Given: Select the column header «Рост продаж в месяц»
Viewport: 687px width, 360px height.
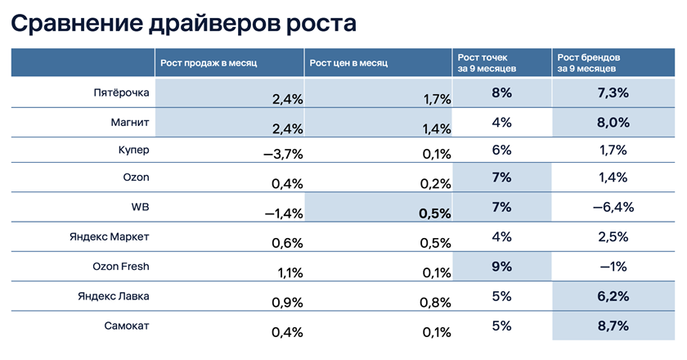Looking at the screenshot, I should [209, 63].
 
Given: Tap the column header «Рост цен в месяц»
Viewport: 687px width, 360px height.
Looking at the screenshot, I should [346, 63].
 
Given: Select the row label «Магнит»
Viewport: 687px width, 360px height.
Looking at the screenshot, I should [128, 122].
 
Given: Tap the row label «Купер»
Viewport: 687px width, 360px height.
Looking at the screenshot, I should [134, 151].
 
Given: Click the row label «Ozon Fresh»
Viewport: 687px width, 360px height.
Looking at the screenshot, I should [121, 266].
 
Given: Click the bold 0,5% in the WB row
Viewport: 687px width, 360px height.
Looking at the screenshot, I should [434, 213].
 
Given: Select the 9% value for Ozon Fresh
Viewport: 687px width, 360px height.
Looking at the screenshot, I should [501, 266].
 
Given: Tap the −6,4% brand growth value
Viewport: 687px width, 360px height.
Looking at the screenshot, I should [613, 208].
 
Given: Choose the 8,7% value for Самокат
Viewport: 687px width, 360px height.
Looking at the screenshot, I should [613, 325].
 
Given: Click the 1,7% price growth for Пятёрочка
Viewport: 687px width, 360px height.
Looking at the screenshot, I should [437, 99].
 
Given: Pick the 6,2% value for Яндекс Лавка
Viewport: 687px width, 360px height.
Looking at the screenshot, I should [613, 295].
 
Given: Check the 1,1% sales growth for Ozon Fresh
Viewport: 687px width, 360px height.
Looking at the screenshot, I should [288, 272].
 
